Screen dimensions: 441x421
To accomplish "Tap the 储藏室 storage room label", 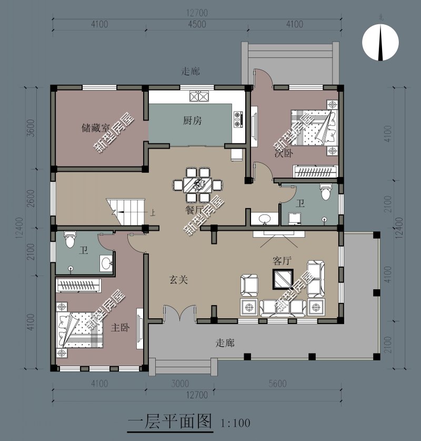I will tap(95, 128).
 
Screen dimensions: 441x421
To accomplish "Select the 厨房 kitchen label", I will tap(192, 121).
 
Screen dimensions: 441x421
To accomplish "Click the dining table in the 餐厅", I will tap(198, 184).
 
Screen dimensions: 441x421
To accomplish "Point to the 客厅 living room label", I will tap(282, 261).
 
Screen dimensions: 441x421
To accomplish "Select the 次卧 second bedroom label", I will tap(283, 153).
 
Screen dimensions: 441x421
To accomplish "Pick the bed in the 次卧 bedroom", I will tap(314, 127).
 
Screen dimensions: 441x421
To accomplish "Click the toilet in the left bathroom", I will tap(69, 241).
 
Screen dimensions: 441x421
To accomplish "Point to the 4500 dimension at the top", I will tap(196, 24).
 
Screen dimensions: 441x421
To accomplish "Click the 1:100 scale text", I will tap(235, 423).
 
